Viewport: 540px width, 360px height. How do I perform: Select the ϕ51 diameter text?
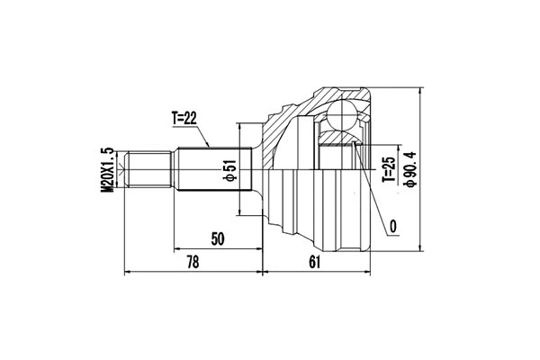[230, 171]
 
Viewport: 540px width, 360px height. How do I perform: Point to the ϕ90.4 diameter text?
[410, 168]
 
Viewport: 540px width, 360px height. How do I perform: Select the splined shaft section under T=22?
[210, 171]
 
